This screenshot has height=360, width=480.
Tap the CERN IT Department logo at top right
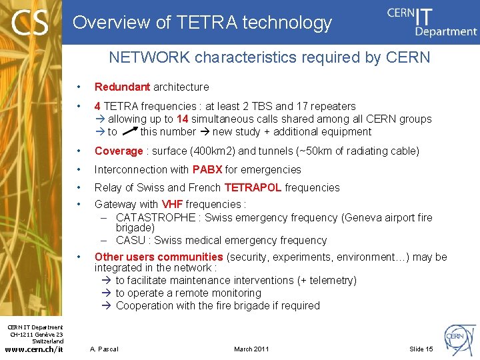[432, 21]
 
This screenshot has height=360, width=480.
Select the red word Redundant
[123, 87]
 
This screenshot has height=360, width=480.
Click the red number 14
[182, 119]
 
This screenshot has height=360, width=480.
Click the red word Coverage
[119, 151]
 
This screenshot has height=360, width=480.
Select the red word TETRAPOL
[253, 187]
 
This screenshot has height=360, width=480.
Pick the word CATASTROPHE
[158, 217]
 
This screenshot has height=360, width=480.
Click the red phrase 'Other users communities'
[159, 257]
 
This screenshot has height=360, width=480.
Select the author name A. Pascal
[104, 349]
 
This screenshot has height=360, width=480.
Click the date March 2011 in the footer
[251, 349]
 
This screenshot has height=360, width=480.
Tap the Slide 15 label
[421, 349]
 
